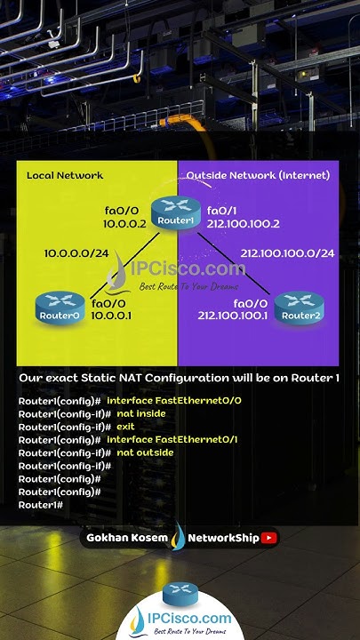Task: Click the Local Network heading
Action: pyautogui.click(x=65, y=175)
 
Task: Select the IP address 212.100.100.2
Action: pyautogui.click(x=243, y=224)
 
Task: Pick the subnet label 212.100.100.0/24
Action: pyautogui.click(x=287, y=253)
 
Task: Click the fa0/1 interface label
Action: pyautogui.click(x=221, y=211)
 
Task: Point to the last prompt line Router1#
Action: pyautogui.click(x=40, y=505)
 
